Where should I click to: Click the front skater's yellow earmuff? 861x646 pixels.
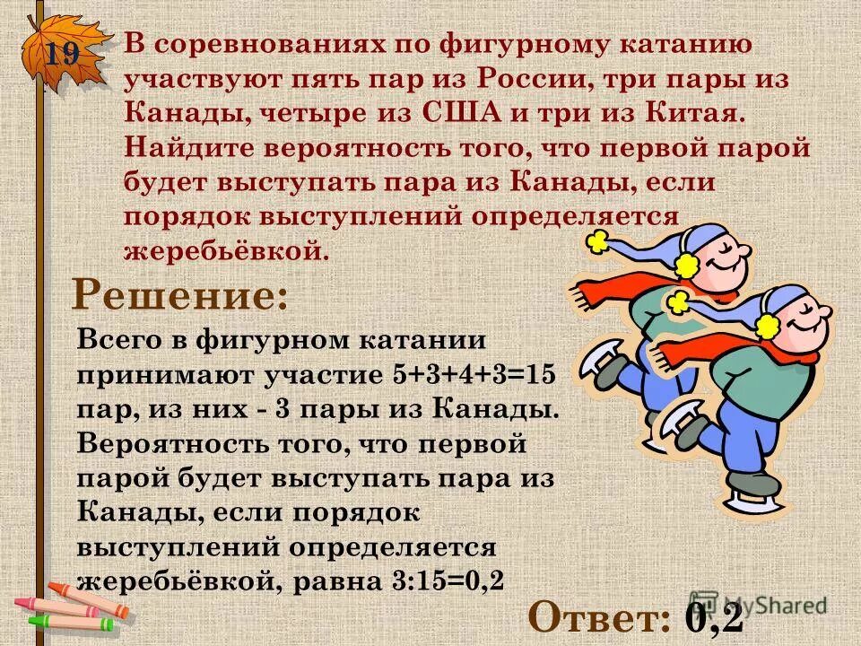[767, 324]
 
